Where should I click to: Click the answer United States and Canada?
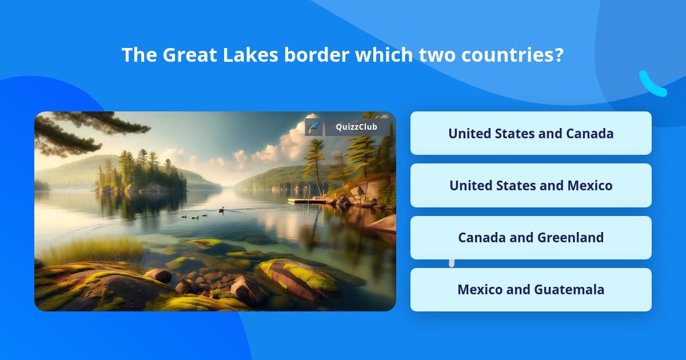[531, 133]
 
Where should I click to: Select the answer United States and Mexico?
[531, 186]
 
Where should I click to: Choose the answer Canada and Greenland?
[531, 238]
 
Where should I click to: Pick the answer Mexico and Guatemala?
[531, 290]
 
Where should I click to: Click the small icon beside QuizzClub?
[313, 127]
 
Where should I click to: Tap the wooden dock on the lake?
[306, 201]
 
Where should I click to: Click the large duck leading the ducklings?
[221, 210]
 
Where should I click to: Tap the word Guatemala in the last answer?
[569, 290]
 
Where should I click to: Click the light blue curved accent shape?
[652, 85]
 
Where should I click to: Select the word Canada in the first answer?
[589, 133]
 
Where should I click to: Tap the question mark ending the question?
[559, 55]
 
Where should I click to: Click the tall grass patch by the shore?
[91, 249]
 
